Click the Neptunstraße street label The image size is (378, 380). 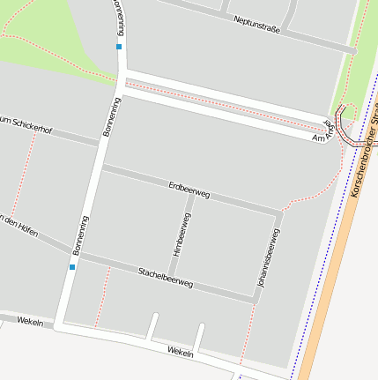tap(256, 24)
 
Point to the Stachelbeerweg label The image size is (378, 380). tap(165, 277)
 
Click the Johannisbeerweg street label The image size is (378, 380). tap(268, 260)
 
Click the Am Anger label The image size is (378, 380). tap(323, 134)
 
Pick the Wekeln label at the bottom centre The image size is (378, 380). tap(180, 352)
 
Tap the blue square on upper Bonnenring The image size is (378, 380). tap(119, 46)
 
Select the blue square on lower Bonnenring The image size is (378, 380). tap(72, 265)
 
